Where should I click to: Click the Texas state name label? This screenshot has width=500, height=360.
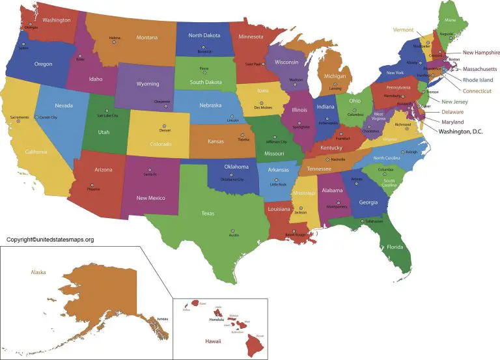pos(208,213)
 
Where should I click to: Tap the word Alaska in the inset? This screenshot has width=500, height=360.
pos(38,272)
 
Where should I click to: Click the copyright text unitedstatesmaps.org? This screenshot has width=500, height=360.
pos(50,240)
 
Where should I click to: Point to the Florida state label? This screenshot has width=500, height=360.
pos(395,247)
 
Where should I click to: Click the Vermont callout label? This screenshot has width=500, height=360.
pos(402,30)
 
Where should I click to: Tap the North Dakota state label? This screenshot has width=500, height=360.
pos(204,35)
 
